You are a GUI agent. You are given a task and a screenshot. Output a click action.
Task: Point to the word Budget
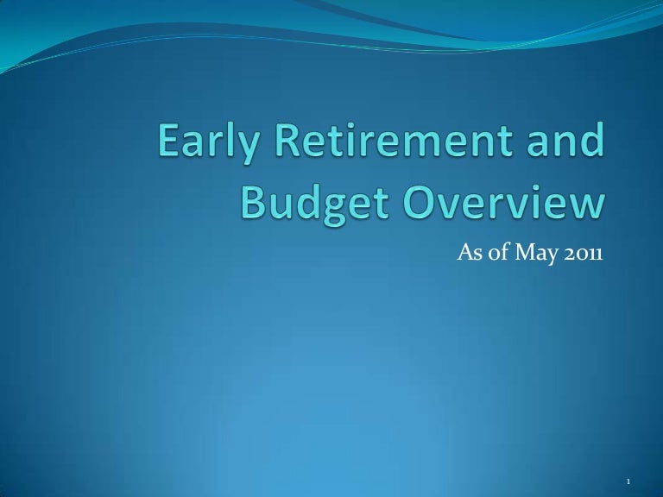[x=315, y=204]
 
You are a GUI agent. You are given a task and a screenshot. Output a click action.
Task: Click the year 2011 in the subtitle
[x=583, y=254]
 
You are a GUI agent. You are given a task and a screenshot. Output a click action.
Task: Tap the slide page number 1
[x=628, y=481]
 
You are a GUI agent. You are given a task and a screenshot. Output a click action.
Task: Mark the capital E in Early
[x=169, y=140]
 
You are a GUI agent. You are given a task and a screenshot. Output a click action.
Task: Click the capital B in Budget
[x=252, y=202]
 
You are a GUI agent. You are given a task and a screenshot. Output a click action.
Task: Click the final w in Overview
[x=586, y=206]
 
